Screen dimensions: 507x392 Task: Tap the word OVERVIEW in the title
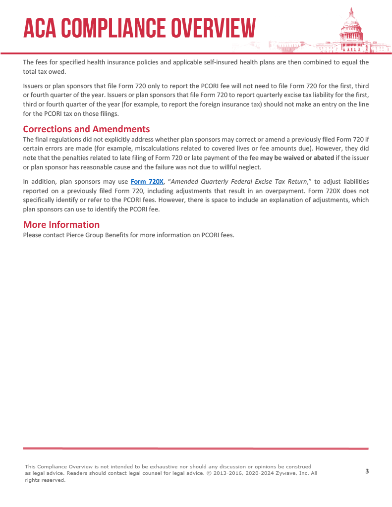click(x=214, y=28)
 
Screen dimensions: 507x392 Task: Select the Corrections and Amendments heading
click(x=86, y=129)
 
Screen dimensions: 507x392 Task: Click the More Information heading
click(x=61, y=224)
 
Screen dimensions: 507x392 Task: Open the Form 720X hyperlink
click(x=147, y=182)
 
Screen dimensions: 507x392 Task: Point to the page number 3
click(x=367, y=471)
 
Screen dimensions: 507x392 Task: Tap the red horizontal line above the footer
click(x=196, y=449)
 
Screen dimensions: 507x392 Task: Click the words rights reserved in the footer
click(x=45, y=480)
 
